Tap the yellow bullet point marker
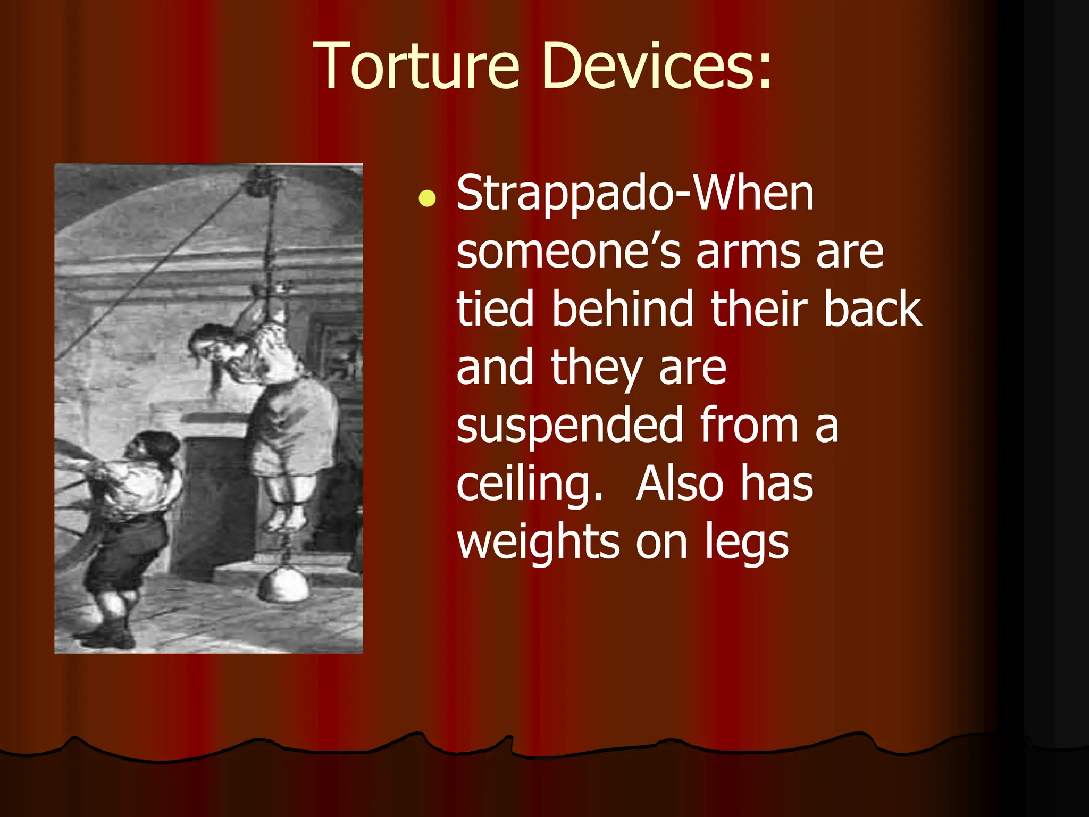(427, 198)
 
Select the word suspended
(569, 426)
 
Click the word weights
(538, 543)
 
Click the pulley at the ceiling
(261, 181)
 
